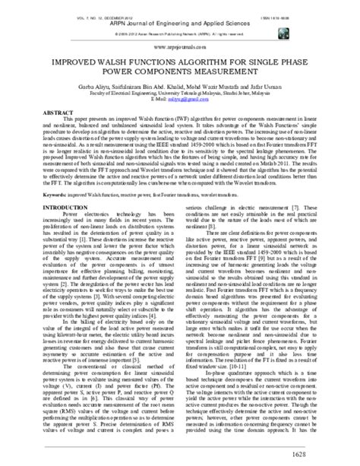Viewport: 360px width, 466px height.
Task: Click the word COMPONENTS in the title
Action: click(x=158, y=68)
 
